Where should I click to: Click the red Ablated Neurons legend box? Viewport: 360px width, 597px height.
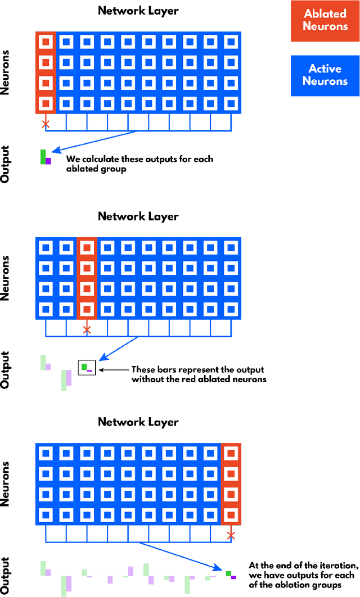click(325, 21)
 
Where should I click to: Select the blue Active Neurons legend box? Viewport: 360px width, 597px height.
click(325, 75)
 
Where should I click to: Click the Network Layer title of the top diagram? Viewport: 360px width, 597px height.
click(138, 11)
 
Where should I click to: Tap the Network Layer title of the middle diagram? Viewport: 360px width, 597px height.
click(138, 216)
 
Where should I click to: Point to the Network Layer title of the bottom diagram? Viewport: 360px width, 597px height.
click(138, 422)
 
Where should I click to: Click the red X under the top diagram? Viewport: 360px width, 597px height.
click(46, 123)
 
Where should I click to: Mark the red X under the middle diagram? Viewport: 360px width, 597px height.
click(87, 329)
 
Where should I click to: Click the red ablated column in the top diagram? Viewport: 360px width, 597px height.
click(46, 72)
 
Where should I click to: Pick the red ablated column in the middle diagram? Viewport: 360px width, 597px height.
click(87, 278)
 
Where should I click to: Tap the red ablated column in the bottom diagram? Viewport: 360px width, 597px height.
click(231, 483)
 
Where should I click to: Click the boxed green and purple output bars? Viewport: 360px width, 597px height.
click(87, 368)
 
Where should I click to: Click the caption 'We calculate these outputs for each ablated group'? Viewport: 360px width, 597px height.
click(139, 164)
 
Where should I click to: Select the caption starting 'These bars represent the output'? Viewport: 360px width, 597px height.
click(197, 374)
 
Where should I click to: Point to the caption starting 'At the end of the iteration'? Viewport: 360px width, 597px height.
click(303, 575)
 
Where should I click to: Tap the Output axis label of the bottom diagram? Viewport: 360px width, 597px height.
click(7, 575)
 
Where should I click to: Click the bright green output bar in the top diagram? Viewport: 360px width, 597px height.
click(43, 157)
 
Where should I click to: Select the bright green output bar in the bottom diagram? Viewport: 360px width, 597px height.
click(228, 573)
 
